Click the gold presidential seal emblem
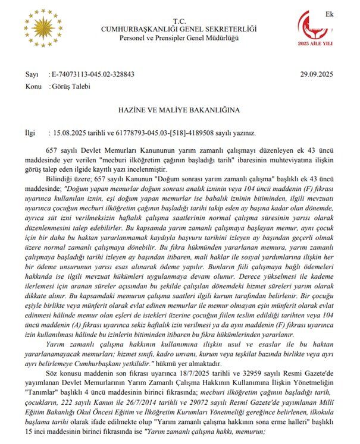click(43, 29)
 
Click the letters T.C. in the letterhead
click(180, 20)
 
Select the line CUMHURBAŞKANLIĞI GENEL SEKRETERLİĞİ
click(180, 29)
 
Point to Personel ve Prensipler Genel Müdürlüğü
click(180, 38)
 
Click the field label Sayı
click(32, 74)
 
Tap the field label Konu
click(33, 86)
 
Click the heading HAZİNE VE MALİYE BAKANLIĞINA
click(180, 110)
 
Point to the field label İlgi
click(30, 134)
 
